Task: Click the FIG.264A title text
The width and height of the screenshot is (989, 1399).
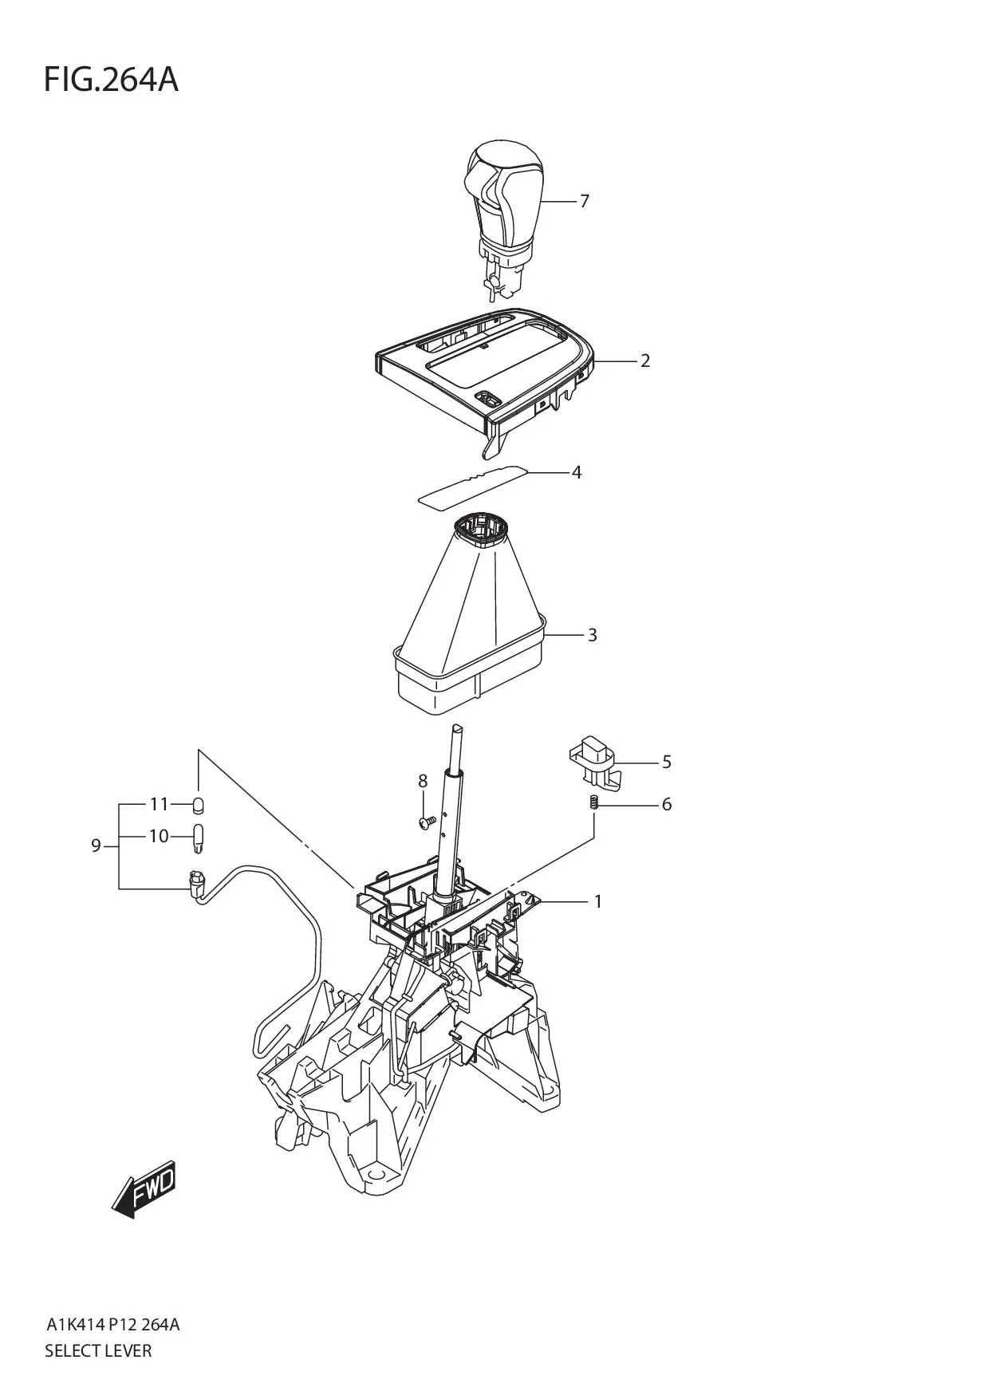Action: (111, 80)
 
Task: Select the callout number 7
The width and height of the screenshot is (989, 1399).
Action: (584, 201)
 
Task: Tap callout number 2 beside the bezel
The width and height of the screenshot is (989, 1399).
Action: (644, 361)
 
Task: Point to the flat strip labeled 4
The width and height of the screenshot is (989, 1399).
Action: (474, 485)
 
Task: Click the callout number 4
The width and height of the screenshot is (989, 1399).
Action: (576, 472)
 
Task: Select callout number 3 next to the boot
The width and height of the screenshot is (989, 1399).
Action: (592, 635)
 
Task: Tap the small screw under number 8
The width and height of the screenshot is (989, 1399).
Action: (424, 820)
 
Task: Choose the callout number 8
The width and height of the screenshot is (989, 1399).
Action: (423, 781)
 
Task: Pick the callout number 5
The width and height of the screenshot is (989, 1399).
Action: (667, 762)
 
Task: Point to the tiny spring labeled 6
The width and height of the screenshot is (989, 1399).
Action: (594, 803)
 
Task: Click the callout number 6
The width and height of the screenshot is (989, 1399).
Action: (667, 804)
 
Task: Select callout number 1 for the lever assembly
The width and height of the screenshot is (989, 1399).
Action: (597, 901)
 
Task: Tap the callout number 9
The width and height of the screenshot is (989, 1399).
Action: (96, 845)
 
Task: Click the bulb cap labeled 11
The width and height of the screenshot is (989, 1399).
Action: (198, 803)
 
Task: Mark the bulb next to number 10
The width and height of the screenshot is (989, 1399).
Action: (198, 837)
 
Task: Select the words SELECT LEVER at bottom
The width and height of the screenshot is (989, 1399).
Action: (98, 1351)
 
